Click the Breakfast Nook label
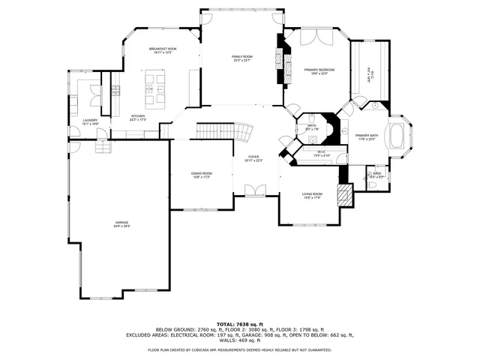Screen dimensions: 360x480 tap(162, 50)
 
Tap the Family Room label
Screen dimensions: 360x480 tap(241, 58)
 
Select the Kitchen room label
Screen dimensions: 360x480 tap(139, 118)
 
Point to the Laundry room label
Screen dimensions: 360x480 tap(90, 121)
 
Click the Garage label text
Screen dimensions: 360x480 tap(121, 223)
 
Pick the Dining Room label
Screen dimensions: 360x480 tap(201, 175)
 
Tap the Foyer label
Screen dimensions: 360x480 tap(254, 158)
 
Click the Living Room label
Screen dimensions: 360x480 tap(312, 195)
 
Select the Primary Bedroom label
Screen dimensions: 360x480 tap(319, 71)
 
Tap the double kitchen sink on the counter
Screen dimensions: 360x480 tap(116, 90)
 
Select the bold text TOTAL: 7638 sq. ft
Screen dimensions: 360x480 tap(239, 323)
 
